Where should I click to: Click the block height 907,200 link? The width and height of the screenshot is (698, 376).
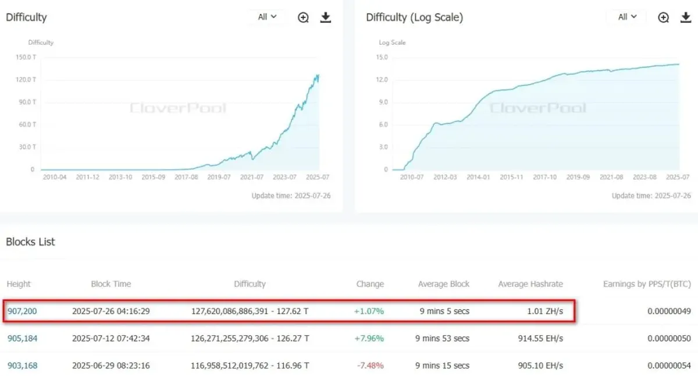pyautogui.click(x=22, y=311)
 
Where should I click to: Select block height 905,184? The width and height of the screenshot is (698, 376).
pyautogui.click(x=23, y=338)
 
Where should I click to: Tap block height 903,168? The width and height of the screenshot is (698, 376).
pyautogui.click(x=23, y=366)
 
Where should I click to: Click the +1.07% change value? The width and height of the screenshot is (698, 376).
pyautogui.click(x=369, y=311)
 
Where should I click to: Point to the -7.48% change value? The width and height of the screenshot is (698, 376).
pyautogui.click(x=370, y=366)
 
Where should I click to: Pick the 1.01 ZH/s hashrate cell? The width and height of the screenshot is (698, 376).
pyautogui.click(x=545, y=311)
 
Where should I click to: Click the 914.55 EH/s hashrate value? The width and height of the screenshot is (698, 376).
pyautogui.click(x=540, y=338)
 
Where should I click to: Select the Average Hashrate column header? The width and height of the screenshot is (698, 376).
pyautogui.click(x=530, y=284)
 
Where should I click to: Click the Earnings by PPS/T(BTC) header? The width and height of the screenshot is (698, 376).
pyautogui.click(x=647, y=284)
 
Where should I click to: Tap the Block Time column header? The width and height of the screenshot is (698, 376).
pyautogui.click(x=111, y=284)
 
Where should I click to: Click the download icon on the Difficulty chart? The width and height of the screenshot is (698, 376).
pyautogui.click(x=326, y=17)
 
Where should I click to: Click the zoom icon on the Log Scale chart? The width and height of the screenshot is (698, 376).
pyautogui.click(x=664, y=17)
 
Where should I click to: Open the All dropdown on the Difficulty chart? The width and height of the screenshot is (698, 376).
pyautogui.click(x=267, y=17)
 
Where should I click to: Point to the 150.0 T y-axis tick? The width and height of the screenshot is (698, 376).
pyautogui.click(x=26, y=57)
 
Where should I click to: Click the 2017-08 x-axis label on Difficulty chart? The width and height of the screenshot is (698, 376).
pyautogui.click(x=186, y=177)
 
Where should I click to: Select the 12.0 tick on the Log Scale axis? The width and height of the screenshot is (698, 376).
pyautogui.click(x=382, y=80)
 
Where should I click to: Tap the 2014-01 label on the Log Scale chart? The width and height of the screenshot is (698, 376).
pyautogui.click(x=478, y=177)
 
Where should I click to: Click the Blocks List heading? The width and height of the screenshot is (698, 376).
pyautogui.click(x=30, y=242)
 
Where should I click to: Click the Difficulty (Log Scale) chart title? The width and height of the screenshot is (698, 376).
pyautogui.click(x=414, y=17)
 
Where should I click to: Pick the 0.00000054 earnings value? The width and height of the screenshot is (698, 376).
pyautogui.click(x=669, y=366)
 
